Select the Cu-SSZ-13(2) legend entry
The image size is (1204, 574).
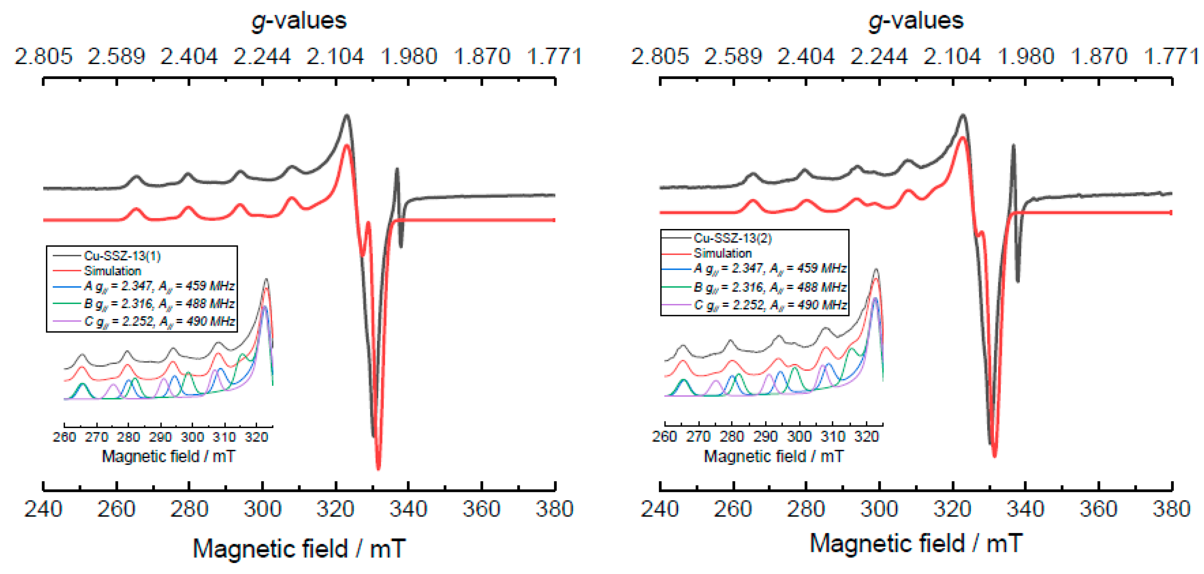tap(732, 238)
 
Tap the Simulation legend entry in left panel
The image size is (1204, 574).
tap(112, 271)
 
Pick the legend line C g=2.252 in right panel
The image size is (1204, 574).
tap(770, 305)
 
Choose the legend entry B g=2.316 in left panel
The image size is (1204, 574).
tap(159, 304)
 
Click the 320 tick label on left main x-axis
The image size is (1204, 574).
tap(335, 509)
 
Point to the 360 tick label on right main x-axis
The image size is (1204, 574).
tap(1098, 509)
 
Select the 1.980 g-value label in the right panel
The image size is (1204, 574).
tap(1026, 57)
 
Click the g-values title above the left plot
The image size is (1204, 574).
tap(299, 21)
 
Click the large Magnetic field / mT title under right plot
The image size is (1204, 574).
tap(916, 544)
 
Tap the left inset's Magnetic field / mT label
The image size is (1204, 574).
tap(168, 456)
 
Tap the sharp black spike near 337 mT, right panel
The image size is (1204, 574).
tap(1013, 146)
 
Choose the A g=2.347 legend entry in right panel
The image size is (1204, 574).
tap(770, 269)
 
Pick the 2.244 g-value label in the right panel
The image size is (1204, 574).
tap(879, 57)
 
